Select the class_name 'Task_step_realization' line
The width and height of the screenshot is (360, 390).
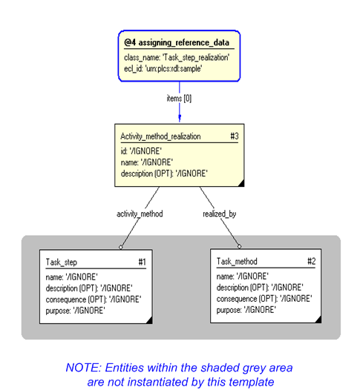point(177,57)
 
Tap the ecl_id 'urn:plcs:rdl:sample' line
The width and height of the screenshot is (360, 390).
point(163,68)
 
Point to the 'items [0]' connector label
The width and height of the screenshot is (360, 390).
point(179,98)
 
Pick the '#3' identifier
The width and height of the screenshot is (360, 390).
point(234,136)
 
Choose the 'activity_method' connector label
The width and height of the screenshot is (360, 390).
point(140,214)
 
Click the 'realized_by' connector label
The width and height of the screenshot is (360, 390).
point(219,214)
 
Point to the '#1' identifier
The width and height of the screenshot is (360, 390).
point(142,262)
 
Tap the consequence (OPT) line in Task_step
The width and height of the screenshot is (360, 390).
point(93,299)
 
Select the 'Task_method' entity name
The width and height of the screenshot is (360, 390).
point(237,262)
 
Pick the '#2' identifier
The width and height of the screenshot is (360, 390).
point(312,262)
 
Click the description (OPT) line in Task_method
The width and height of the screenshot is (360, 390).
point(259,288)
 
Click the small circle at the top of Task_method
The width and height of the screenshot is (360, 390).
point(239,246)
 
